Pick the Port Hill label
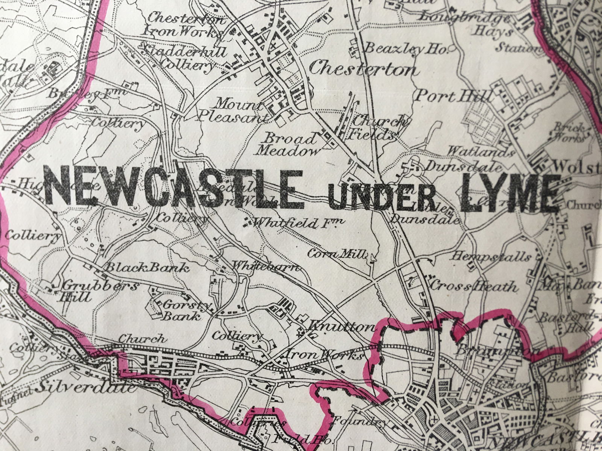[x=453, y=96]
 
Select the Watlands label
[x=480, y=152]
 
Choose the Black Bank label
[x=147, y=268]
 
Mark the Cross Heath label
[x=473, y=287]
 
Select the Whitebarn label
[x=266, y=267]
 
